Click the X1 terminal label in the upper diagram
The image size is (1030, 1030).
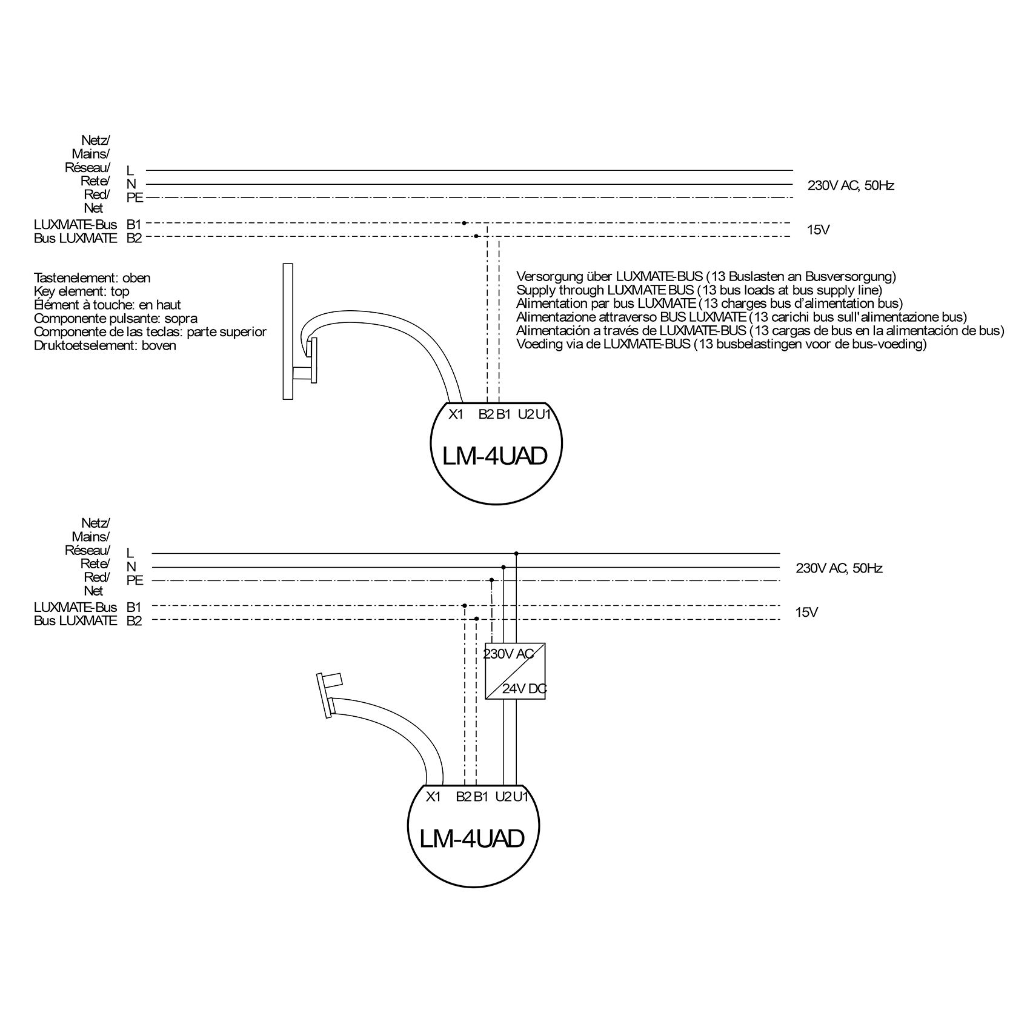[456, 414]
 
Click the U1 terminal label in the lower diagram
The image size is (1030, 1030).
[521, 797]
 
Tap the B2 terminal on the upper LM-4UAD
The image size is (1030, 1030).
[486, 414]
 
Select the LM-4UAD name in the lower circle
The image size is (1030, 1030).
[471, 839]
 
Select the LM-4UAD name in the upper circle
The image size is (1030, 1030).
[494, 456]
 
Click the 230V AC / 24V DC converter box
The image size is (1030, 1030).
[515, 671]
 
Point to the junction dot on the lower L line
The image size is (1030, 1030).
[516, 553]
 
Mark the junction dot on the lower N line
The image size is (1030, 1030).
[503, 567]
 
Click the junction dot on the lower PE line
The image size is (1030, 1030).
[491, 580]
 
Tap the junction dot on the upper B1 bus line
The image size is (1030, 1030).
[464, 223]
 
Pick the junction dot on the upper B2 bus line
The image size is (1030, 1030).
[476, 236]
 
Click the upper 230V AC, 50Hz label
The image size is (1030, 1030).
[850, 185]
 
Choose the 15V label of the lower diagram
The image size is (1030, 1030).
[806, 613]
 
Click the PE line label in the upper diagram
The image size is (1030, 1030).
[135, 198]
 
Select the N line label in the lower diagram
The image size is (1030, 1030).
[131, 567]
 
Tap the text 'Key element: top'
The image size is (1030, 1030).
[81, 291]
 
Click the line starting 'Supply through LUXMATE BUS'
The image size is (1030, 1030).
[699, 290]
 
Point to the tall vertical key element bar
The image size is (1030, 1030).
[288, 331]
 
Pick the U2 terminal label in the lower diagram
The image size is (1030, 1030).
[503, 797]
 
